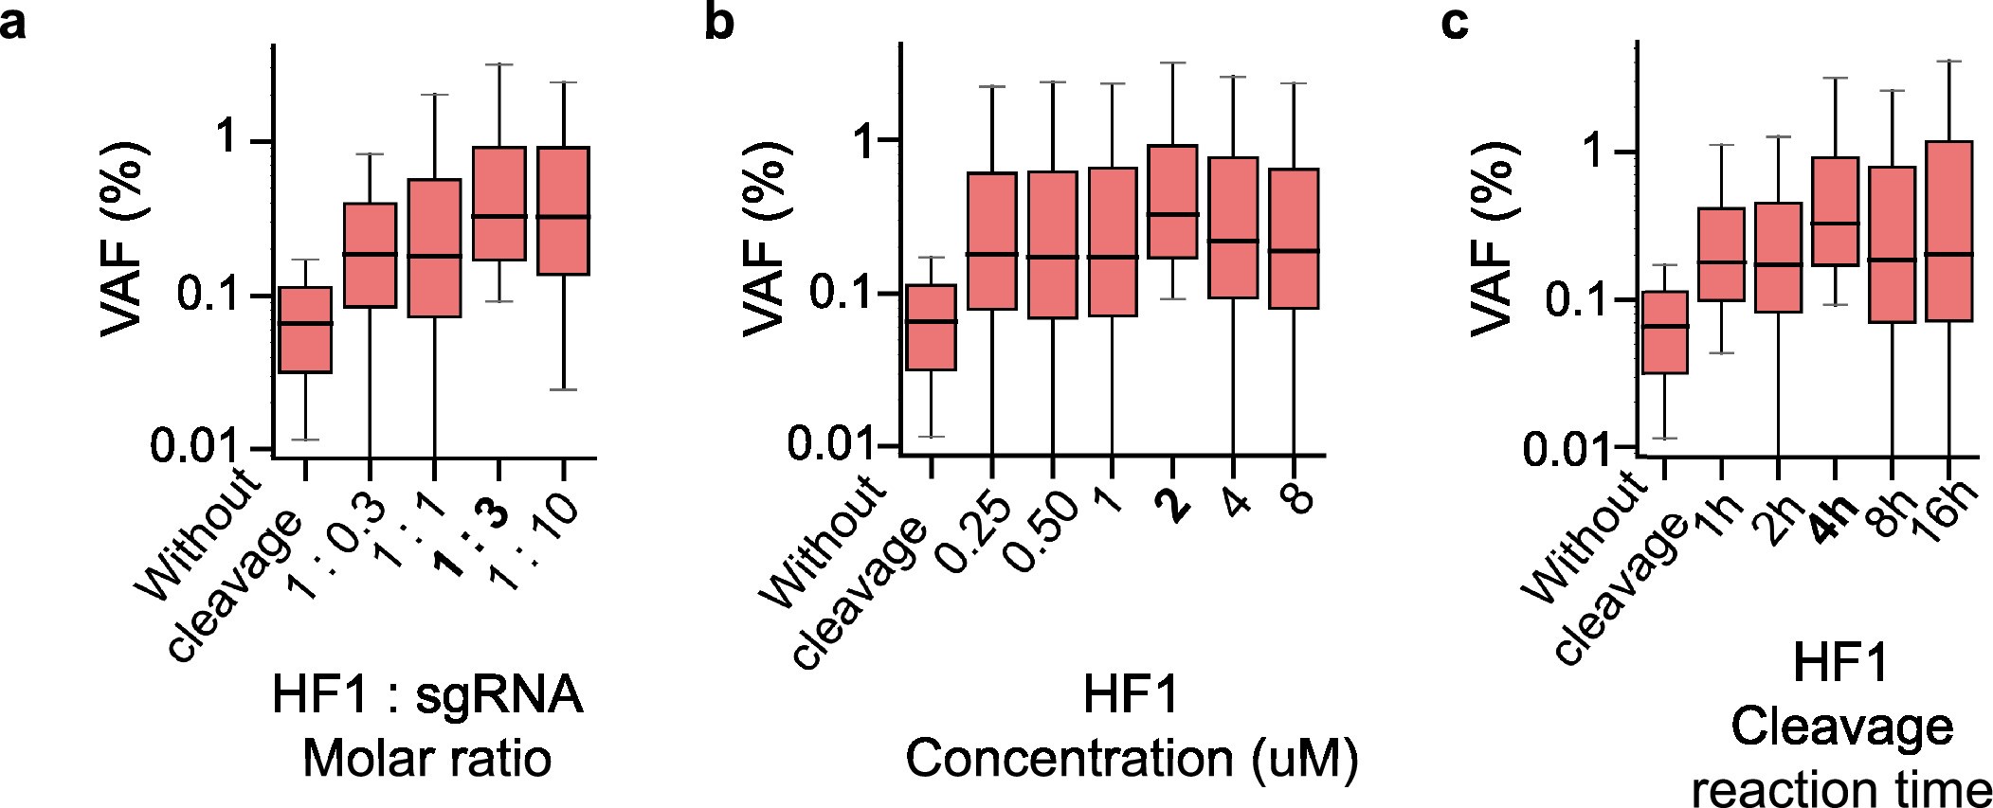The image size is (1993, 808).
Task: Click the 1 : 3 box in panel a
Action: point(499,203)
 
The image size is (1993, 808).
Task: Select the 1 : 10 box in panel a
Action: point(564,210)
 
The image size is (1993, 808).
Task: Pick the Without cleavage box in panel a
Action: point(305,330)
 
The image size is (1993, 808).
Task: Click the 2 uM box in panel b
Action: point(1172,201)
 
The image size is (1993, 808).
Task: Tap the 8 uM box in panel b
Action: point(1294,238)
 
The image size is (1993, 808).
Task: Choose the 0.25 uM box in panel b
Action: point(991,241)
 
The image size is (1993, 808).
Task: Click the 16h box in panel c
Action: point(1948,231)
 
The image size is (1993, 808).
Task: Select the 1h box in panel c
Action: point(1721,254)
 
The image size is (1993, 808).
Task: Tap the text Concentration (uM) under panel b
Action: point(1132,759)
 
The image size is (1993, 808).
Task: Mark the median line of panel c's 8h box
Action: point(1893,260)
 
